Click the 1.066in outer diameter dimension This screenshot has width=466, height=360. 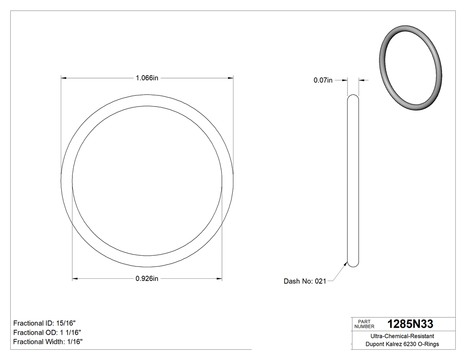click(147, 78)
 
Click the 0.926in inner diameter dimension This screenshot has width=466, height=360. click(147, 279)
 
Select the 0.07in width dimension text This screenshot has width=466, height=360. click(323, 80)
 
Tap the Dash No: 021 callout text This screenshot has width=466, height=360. click(305, 281)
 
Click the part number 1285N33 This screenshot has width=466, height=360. click(410, 324)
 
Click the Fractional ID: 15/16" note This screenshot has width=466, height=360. click(47, 323)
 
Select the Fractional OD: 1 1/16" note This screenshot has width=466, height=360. click(47, 332)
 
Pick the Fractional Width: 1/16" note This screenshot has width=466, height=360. click(48, 342)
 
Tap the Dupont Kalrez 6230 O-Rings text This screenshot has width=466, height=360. click(402, 344)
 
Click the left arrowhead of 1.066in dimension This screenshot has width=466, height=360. click(63, 78)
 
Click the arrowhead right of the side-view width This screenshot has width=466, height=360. click(361, 80)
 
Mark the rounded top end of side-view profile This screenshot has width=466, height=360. click(353, 96)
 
